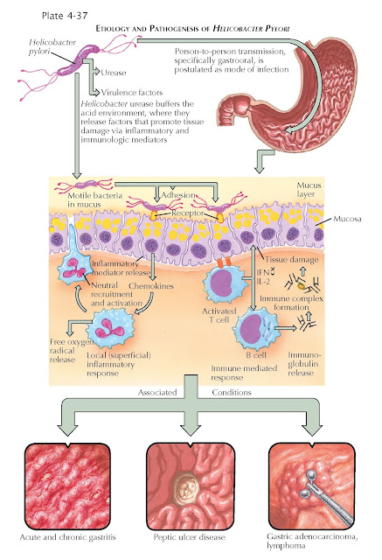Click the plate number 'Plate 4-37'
coord(65,16)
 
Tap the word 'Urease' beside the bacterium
coord(114,73)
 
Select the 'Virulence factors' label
coord(132,93)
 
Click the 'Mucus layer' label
coord(309,190)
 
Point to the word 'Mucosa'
coord(347,219)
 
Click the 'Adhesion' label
coord(178,195)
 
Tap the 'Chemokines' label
coord(151,286)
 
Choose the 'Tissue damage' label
coord(291,260)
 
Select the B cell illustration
coord(255,329)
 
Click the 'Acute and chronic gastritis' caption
coord(68,537)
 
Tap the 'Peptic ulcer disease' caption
coord(190,537)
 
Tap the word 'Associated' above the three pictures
coord(157,393)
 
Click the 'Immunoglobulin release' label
coord(304,364)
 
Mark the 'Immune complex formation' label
coord(291,303)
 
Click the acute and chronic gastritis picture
coord(67,486)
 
